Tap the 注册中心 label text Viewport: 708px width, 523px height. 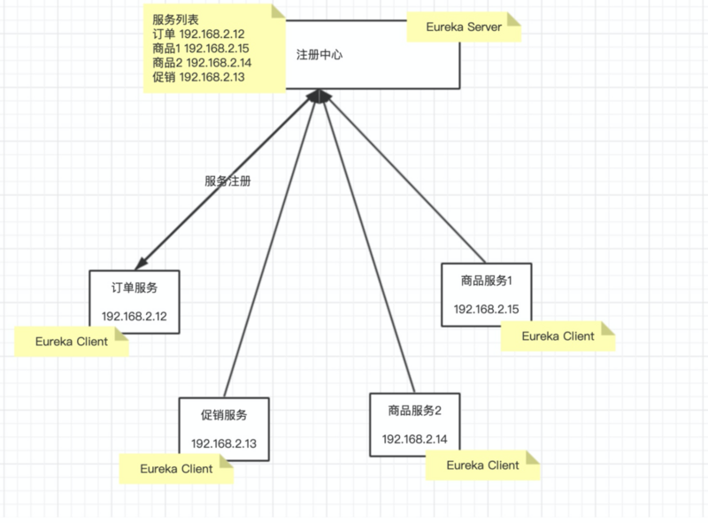click(319, 55)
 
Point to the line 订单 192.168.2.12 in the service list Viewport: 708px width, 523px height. click(198, 34)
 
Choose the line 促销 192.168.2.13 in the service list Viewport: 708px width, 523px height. click(198, 78)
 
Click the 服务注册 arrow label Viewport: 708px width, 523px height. click(227, 181)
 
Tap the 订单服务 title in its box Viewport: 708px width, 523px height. click(135, 288)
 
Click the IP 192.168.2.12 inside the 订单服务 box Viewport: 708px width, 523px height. click(135, 316)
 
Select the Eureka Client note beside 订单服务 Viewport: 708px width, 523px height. click(72, 342)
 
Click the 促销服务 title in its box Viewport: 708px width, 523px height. click(224, 415)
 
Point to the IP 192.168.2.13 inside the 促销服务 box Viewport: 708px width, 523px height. click(224, 443)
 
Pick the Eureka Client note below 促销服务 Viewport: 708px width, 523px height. click(176, 469)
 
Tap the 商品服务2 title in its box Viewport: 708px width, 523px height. click(414, 411)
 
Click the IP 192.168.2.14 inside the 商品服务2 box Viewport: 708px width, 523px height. click(414, 439)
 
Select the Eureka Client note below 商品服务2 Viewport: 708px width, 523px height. click(482, 465)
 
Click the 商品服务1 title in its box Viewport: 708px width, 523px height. click(487, 281)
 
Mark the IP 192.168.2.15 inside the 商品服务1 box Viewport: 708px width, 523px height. click(487, 309)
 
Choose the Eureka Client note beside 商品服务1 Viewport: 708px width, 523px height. click(558, 336)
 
